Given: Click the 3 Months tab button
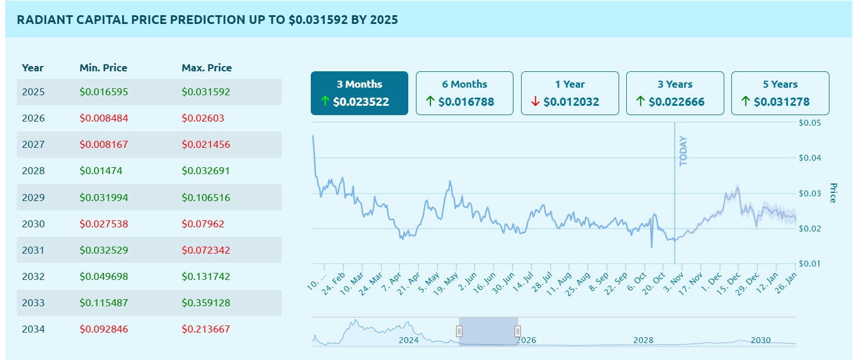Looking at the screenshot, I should point(359,93).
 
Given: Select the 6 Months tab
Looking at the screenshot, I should point(464,93).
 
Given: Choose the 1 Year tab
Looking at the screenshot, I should point(570,93).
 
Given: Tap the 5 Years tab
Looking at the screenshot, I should point(780,93).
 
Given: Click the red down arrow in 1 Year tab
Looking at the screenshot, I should point(535,102).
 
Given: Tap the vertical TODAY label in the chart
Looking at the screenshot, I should point(683,151).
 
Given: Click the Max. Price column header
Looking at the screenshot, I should point(207,68).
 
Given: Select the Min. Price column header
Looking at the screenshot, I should point(103,68).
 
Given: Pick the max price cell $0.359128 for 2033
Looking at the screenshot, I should point(206,303).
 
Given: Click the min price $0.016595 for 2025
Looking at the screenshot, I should point(104,92).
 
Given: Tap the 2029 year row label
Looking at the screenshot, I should point(33,198).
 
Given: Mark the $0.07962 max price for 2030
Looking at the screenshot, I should point(203,224).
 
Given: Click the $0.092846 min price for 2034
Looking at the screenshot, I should point(104,329).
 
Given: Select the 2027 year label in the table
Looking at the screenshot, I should point(33,144).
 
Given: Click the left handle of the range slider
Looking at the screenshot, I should point(459,331).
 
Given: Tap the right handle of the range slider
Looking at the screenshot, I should point(518,331).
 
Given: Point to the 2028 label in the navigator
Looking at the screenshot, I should point(643,340).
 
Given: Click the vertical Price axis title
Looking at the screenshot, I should point(834,193).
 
